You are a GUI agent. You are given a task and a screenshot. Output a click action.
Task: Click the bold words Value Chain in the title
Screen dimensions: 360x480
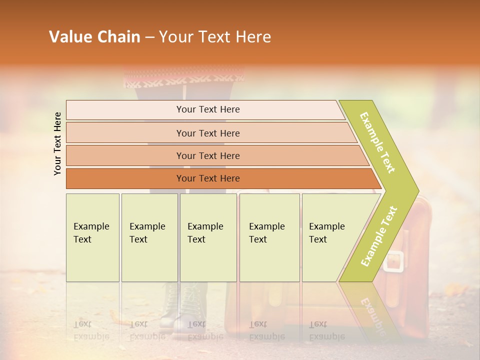[x=94, y=37]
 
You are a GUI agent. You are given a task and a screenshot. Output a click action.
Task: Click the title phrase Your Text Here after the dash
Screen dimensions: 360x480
[x=215, y=37]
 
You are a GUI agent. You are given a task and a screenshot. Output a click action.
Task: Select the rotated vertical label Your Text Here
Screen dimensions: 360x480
[x=57, y=143]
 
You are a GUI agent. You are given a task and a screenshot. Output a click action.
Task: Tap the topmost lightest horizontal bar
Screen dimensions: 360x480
[x=207, y=109]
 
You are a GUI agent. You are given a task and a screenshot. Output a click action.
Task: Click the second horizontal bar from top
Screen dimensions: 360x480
[x=207, y=133]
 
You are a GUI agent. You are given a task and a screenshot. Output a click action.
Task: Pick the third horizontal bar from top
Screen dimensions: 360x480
[x=207, y=155]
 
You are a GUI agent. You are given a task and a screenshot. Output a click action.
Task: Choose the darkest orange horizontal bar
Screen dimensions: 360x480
[x=207, y=178]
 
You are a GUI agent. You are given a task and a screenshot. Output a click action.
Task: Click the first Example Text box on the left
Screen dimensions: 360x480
[x=92, y=237]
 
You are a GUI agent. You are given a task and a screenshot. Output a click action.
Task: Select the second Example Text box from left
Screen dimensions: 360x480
[x=149, y=237]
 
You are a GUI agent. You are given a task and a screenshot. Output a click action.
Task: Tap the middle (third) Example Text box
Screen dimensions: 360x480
[x=208, y=237]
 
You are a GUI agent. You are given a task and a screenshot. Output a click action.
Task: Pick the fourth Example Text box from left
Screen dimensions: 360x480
[x=269, y=237]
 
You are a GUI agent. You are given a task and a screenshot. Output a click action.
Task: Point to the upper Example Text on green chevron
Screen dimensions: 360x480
[x=377, y=142]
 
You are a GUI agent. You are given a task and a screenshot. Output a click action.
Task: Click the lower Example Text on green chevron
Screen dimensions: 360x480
[x=379, y=236]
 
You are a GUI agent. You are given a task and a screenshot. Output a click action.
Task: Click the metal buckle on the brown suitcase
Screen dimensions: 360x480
[x=394, y=261]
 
